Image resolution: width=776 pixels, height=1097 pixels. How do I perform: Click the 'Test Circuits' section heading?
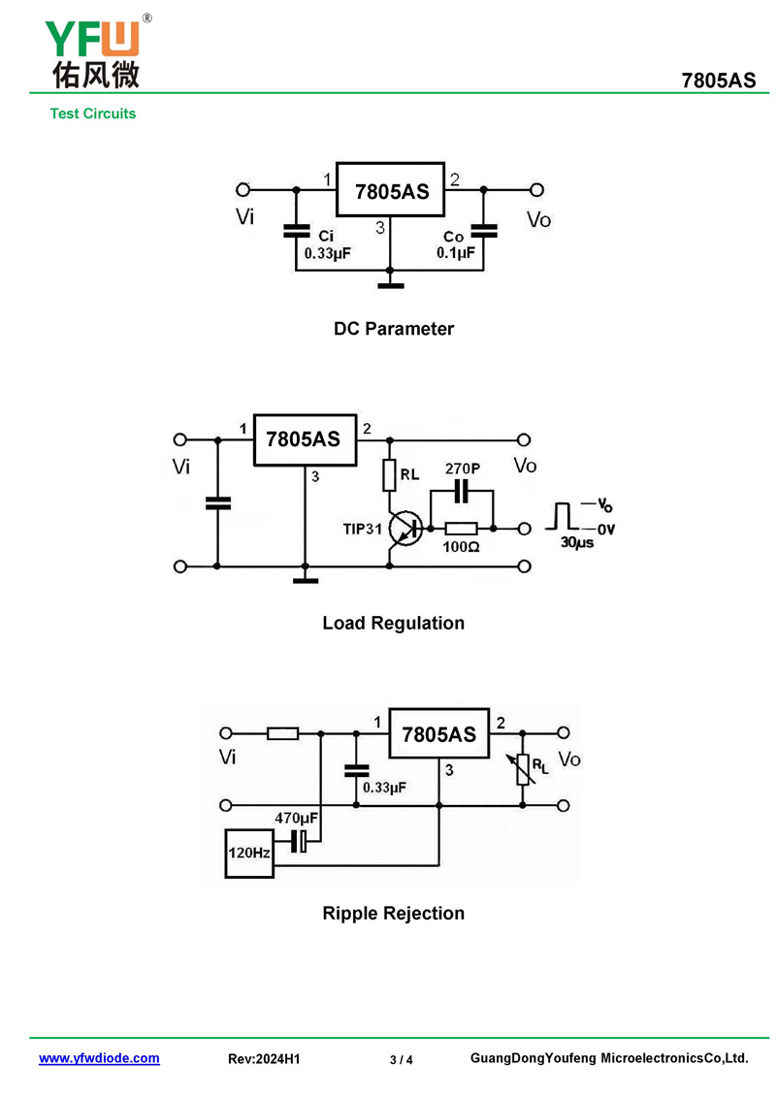(93, 113)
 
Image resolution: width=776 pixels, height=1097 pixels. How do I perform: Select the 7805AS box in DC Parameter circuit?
(390, 190)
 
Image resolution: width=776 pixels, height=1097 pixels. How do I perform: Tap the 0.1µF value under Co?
(456, 254)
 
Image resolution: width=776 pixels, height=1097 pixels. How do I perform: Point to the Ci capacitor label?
(326, 237)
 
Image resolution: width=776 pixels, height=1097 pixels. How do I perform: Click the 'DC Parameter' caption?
(393, 329)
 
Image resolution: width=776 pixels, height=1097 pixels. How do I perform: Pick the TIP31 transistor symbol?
(404, 529)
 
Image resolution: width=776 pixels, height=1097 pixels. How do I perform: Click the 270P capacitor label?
(462, 468)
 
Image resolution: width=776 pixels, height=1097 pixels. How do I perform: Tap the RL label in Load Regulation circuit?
(409, 475)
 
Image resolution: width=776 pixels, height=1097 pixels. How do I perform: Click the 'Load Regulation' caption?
(393, 624)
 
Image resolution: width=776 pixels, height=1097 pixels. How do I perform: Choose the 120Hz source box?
(248, 854)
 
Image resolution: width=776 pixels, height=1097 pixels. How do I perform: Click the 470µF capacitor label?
(297, 819)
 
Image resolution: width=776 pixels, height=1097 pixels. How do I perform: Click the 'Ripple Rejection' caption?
(393, 914)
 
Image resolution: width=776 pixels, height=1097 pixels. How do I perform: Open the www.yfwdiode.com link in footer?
(99, 1059)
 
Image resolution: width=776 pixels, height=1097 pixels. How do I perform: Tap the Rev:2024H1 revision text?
(264, 1060)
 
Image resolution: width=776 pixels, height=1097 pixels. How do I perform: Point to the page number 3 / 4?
(401, 1060)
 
